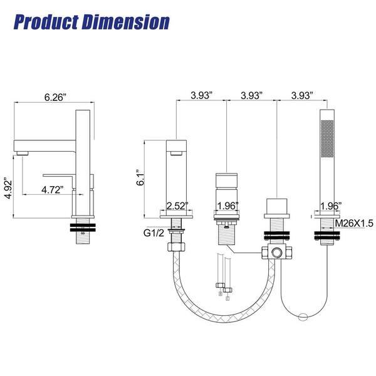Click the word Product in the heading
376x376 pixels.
tap(46, 23)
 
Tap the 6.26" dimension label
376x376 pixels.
tap(55, 97)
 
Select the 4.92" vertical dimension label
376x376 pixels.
tap(8, 188)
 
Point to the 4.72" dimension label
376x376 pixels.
tap(53, 190)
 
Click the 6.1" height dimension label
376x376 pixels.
tap(140, 178)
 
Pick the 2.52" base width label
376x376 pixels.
tap(177, 206)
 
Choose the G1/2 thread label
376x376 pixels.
tap(154, 232)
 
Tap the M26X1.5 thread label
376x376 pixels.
tap(354, 223)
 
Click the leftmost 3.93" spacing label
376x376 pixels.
tap(201, 95)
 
